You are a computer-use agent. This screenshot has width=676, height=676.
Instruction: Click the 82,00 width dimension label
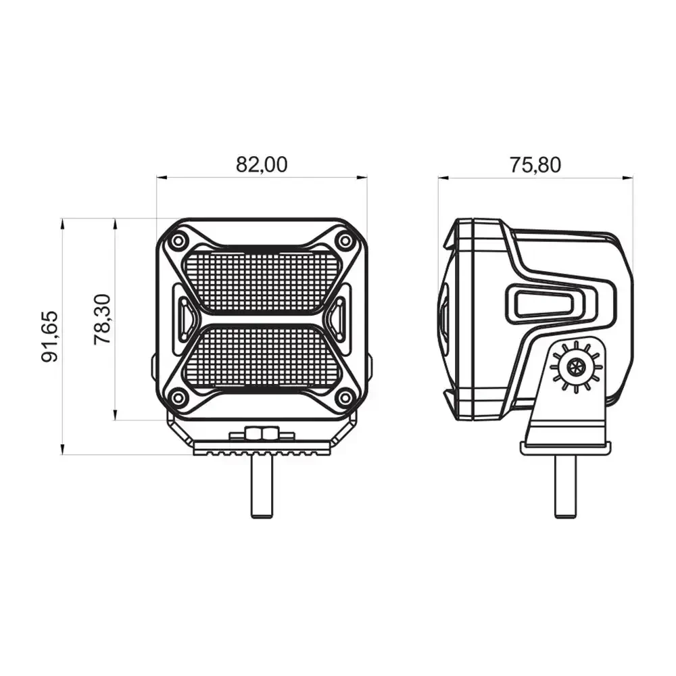(x=261, y=165)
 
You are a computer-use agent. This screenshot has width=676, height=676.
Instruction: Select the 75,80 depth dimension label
(x=535, y=165)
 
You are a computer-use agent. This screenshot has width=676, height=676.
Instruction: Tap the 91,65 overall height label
(x=49, y=336)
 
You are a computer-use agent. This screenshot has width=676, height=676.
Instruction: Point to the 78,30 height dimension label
(x=103, y=319)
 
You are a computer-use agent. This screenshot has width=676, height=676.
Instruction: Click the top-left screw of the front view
(x=177, y=241)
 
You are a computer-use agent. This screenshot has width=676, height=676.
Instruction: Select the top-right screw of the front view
(x=345, y=241)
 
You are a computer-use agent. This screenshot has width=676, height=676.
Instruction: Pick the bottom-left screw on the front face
(x=177, y=397)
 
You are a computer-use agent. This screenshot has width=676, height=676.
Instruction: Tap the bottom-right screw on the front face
(x=345, y=397)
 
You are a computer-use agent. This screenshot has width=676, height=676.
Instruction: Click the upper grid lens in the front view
(x=261, y=281)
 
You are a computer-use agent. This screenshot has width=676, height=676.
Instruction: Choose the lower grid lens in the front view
(x=261, y=357)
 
